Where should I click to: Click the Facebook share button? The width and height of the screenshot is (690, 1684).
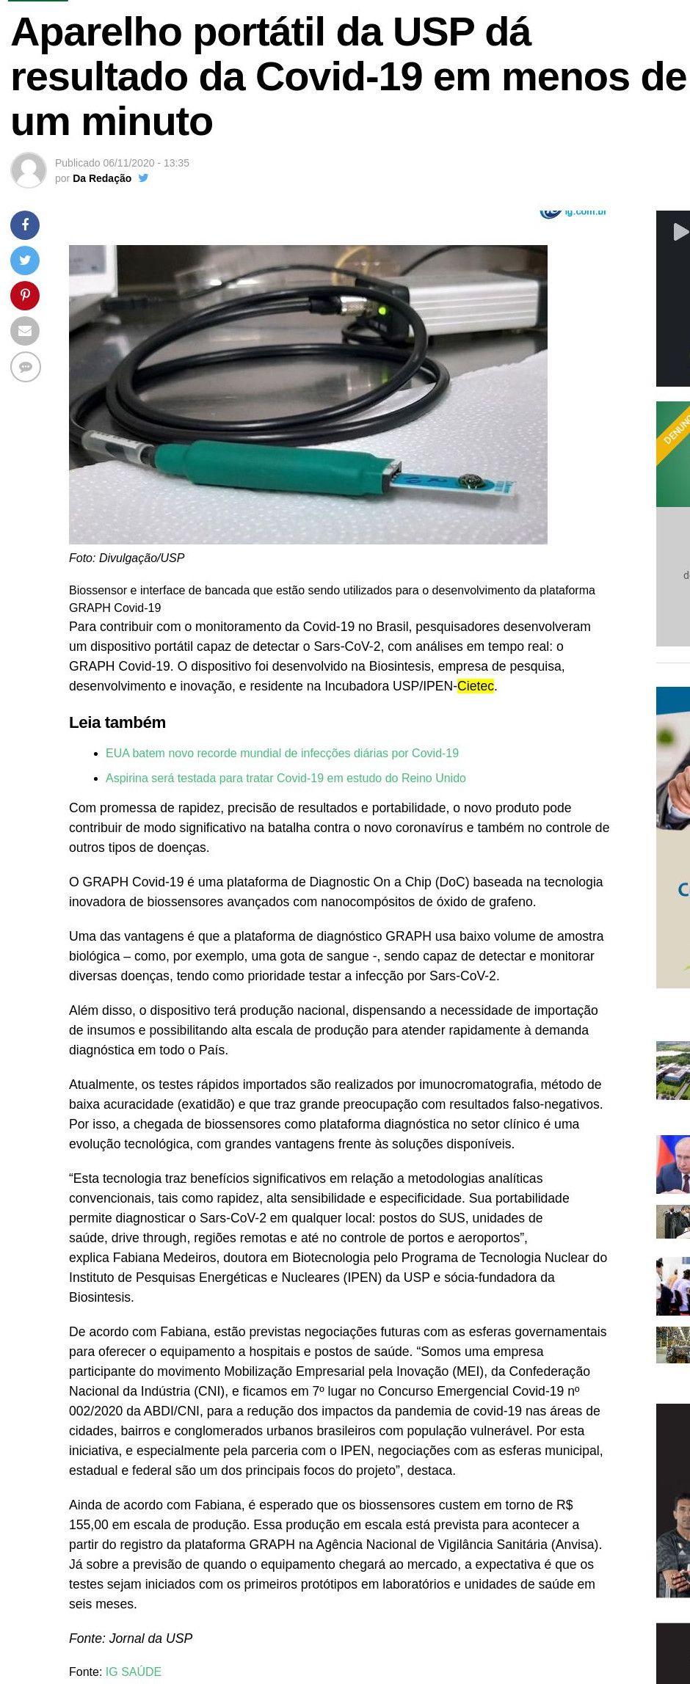[x=25, y=225]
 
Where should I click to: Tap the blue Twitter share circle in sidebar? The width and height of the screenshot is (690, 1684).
[x=25, y=260]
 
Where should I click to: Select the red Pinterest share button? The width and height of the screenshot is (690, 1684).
[x=25, y=296]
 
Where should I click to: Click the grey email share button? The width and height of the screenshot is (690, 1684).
[x=25, y=331]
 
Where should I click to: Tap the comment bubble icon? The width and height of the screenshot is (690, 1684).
[x=25, y=367]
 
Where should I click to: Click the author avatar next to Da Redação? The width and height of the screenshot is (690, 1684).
[x=29, y=170]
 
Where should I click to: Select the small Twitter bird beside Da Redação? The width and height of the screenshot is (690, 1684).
[x=144, y=178]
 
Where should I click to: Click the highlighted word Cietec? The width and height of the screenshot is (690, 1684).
[x=476, y=686]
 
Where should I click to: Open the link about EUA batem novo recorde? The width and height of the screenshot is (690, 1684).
[x=282, y=753]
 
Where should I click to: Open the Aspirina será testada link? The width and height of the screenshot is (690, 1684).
[x=286, y=778]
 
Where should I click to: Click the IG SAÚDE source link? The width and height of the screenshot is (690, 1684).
[x=133, y=1672]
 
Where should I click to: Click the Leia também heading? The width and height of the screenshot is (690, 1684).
[x=117, y=723]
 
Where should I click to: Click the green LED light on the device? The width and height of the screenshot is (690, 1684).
[x=381, y=311]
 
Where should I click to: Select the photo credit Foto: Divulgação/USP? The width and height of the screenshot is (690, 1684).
[x=127, y=558]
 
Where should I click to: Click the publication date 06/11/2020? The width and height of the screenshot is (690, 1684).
[x=128, y=163]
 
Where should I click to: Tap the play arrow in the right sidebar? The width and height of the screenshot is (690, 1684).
[x=680, y=232]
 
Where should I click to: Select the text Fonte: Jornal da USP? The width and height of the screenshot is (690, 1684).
[x=131, y=1639]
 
